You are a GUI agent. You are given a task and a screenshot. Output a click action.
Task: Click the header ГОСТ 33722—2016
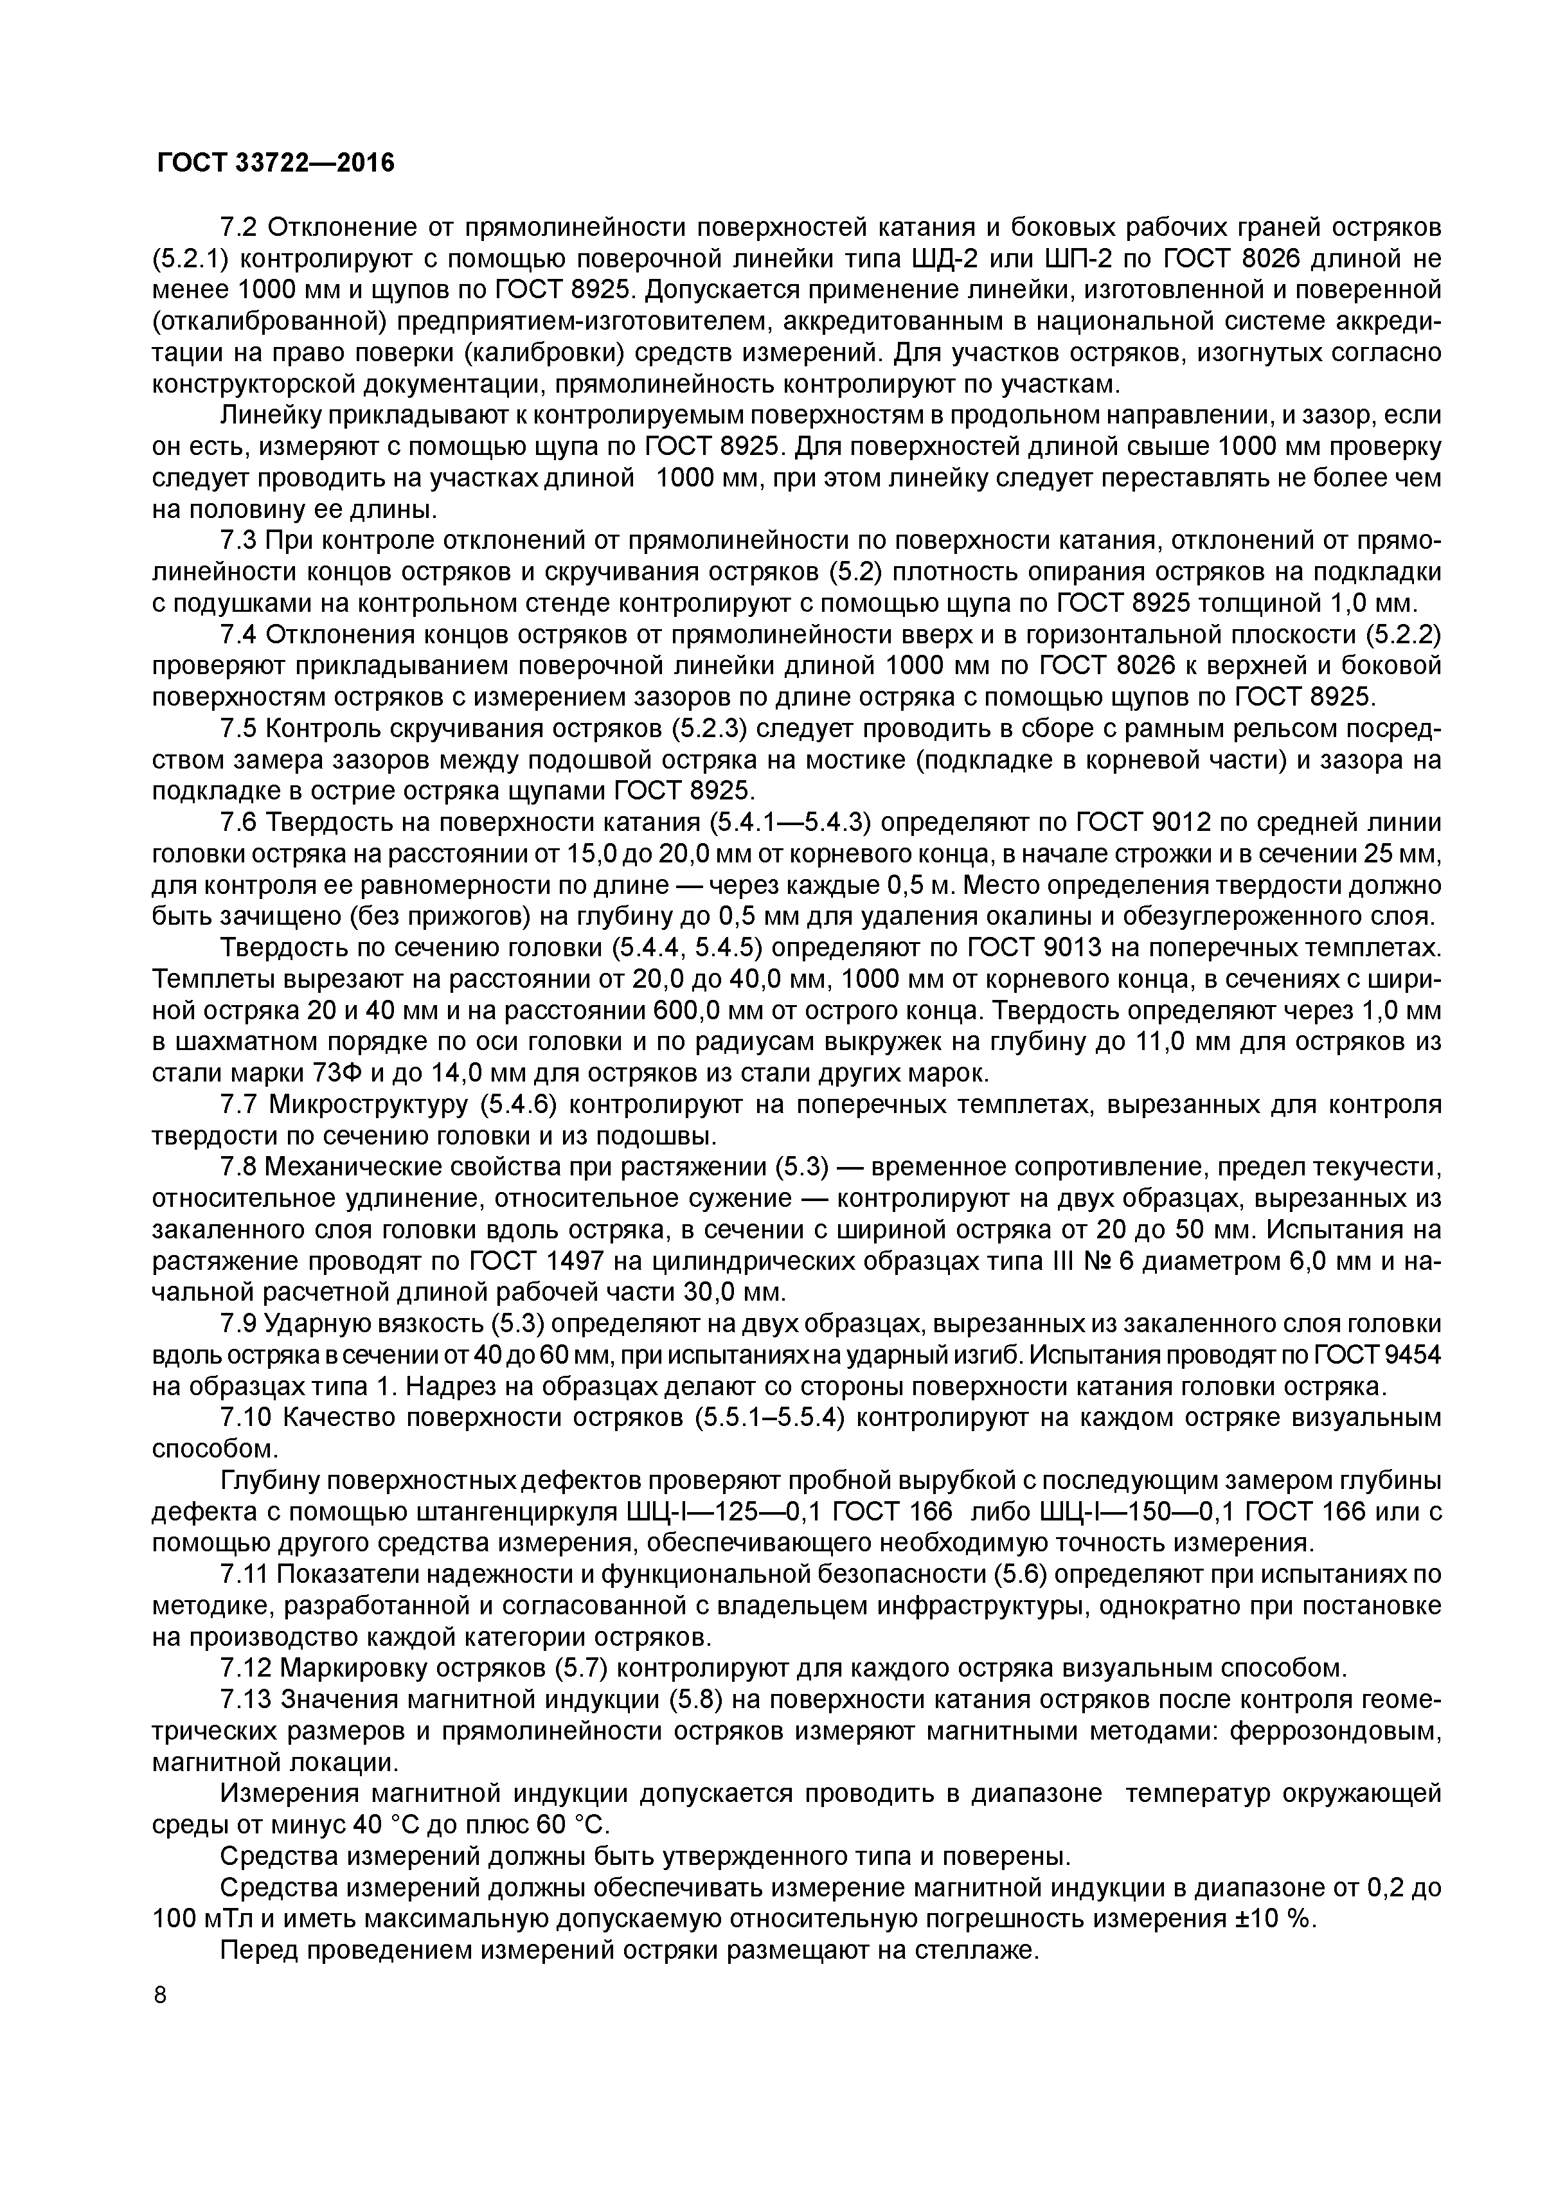point(275,164)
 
